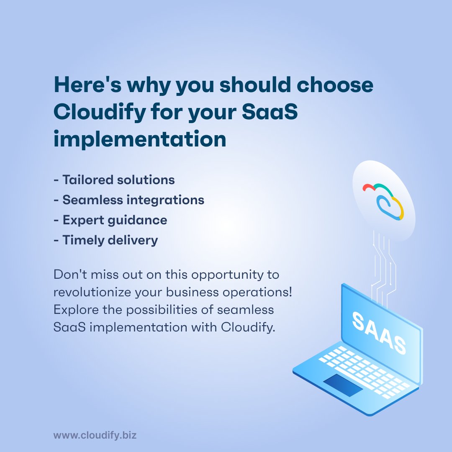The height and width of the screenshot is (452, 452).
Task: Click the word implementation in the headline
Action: tap(140, 140)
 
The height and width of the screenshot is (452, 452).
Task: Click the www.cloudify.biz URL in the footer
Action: tap(95, 436)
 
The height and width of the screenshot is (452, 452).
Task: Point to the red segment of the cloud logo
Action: tap(368, 187)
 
